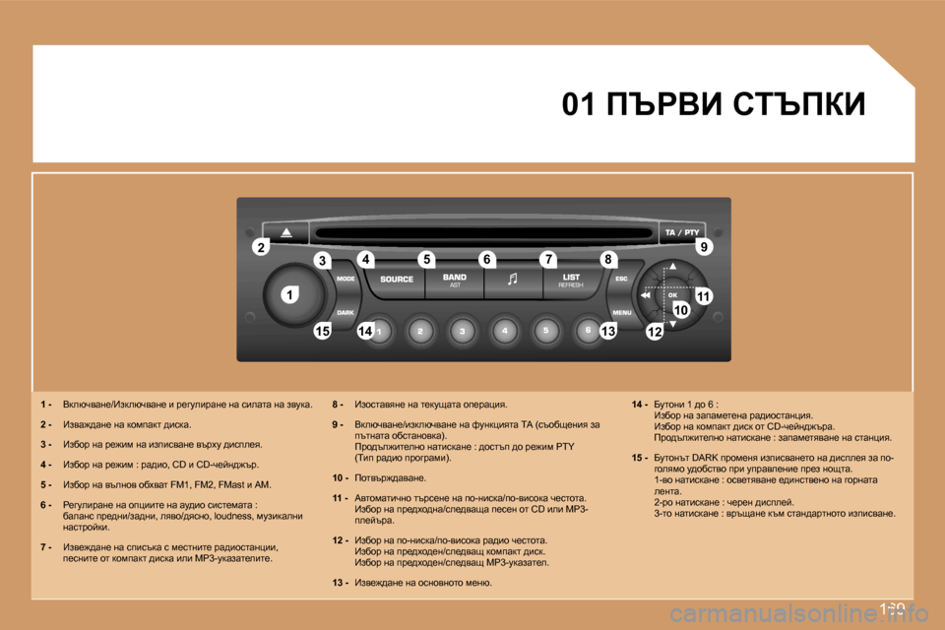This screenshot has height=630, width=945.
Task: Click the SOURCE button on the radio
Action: [x=397, y=280]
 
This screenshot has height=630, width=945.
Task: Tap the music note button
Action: [x=511, y=280]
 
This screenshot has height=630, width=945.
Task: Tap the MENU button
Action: [x=622, y=312]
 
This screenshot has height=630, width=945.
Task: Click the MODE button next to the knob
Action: [x=346, y=279]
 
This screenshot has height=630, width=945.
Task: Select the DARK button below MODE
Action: [x=346, y=312]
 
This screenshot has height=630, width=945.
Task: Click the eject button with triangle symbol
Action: [x=285, y=233]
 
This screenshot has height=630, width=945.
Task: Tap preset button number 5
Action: [x=546, y=332]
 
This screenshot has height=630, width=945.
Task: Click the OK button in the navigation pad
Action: [x=673, y=294]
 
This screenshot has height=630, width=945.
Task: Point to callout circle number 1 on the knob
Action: [x=291, y=294]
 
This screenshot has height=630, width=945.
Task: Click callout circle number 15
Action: [x=322, y=332]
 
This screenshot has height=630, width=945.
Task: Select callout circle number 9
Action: [x=703, y=247]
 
